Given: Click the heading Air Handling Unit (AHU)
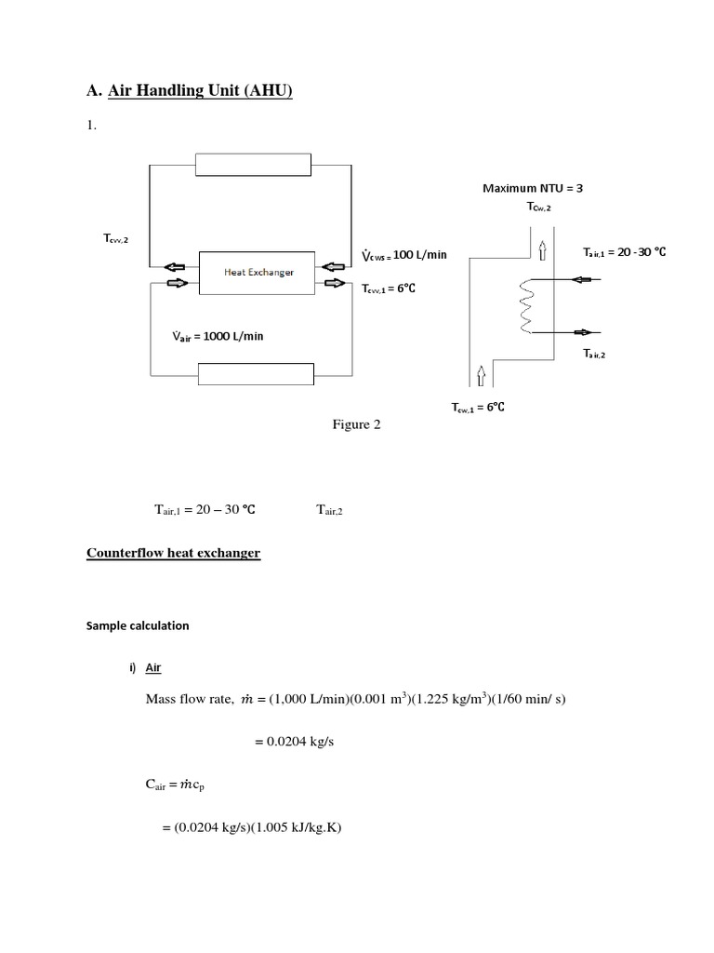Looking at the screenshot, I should point(200,91).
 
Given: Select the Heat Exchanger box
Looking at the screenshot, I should point(258,272).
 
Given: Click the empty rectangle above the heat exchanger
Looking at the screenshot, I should point(253,164).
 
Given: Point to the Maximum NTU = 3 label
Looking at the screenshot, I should point(533,188).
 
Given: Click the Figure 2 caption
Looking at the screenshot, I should point(357,424).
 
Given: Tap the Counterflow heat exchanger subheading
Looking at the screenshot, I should point(173,553).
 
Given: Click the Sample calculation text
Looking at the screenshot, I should point(138,625).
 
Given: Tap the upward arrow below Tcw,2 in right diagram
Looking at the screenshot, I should point(541,248).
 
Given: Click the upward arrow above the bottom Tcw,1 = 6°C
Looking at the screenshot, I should point(481,375).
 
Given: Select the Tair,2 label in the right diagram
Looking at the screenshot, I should point(594,353).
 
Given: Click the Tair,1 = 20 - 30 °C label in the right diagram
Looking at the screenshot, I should point(626,252).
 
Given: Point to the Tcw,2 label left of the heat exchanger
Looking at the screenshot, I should point(115,239).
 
